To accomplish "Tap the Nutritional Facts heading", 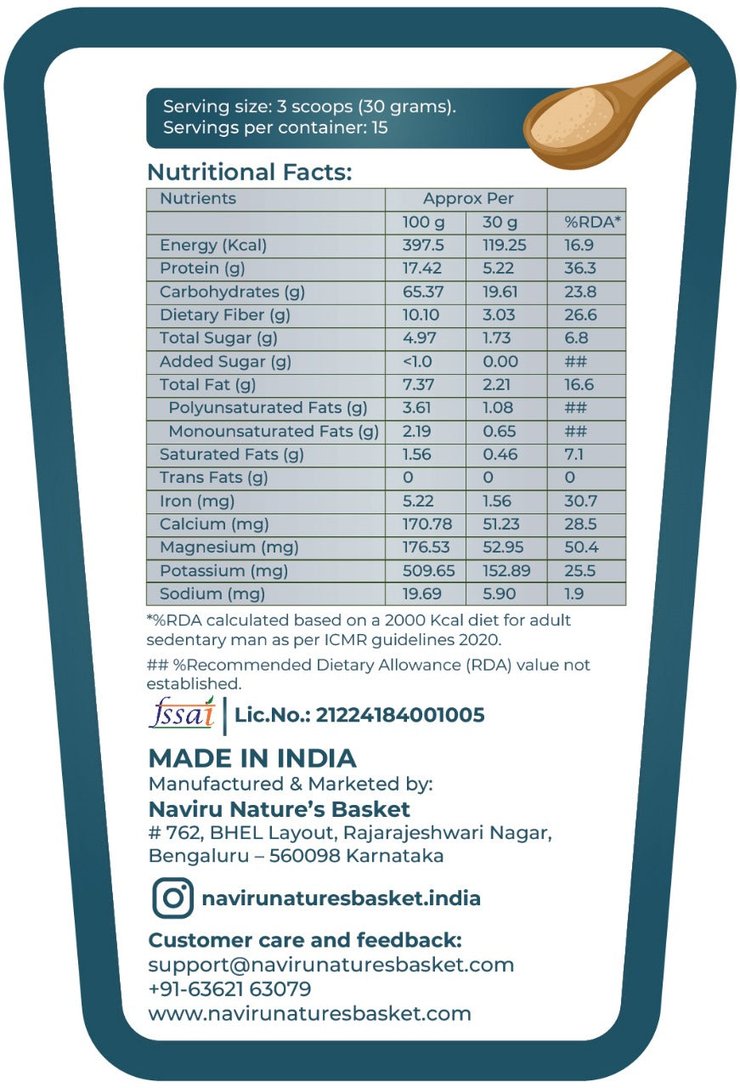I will [249, 172].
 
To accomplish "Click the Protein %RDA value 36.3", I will [580, 269].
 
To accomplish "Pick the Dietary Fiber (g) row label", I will [225, 315].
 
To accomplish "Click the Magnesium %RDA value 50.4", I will [581, 547].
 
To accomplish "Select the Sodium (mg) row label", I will [212, 593].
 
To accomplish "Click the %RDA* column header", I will [593, 222].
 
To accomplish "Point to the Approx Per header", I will [468, 199].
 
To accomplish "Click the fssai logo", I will [182, 714].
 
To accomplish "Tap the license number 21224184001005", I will [399, 715].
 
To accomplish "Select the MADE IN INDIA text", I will [252, 758].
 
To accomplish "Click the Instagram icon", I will [172, 898].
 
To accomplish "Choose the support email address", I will [331, 965].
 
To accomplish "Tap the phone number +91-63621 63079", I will [229, 989].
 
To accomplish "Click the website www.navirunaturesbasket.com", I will [309, 1013].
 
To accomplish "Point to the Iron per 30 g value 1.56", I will [497, 501].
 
